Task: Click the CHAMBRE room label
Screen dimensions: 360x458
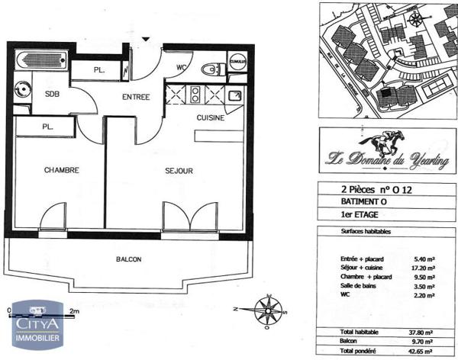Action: (62, 170)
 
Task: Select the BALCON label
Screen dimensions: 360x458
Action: (128, 260)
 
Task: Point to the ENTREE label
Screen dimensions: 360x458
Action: (137, 97)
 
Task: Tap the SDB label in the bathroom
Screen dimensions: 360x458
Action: (53, 95)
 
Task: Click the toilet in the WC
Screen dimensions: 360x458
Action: (210, 70)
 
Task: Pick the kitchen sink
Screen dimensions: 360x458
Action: (235, 96)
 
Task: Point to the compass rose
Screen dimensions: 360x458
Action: (268, 310)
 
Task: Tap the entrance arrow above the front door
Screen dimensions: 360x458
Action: (146, 39)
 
